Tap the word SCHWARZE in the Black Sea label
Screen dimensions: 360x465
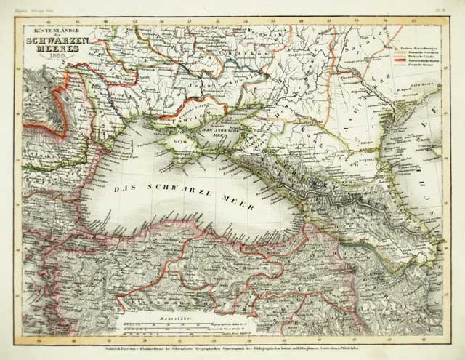click(x=175, y=191)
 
